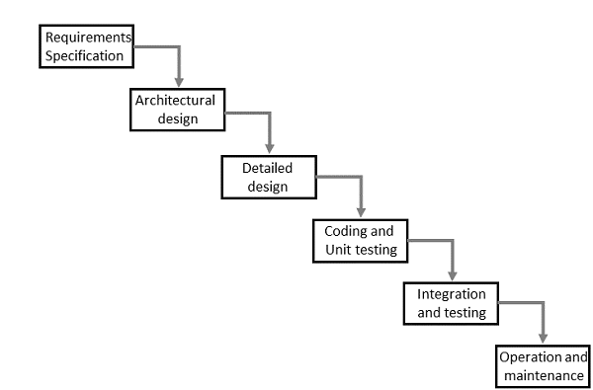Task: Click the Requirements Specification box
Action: coord(86,46)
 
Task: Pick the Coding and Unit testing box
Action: coord(360,239)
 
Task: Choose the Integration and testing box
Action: coord(451,304)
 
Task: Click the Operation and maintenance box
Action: coord(544,367)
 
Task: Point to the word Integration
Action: coord(451,295)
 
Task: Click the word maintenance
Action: coord(544,376)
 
